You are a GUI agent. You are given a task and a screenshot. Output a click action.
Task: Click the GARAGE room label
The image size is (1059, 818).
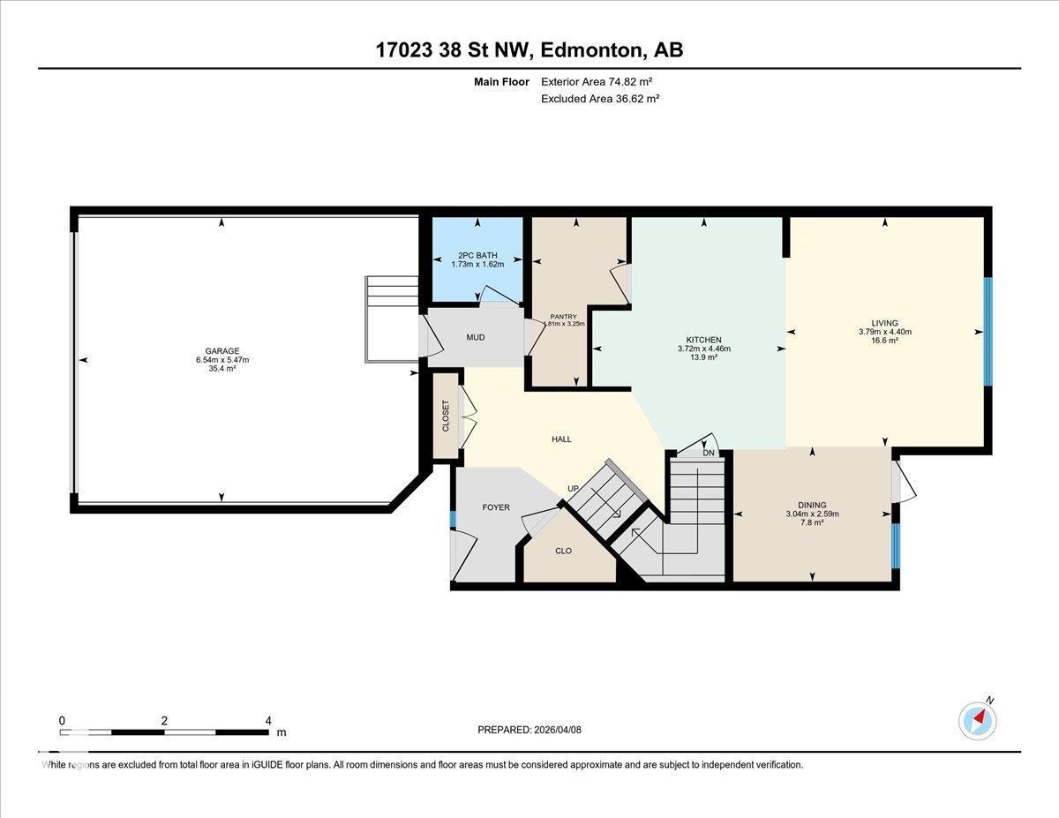click(222, 350)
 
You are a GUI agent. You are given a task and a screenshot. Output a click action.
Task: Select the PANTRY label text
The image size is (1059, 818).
click(563, 315)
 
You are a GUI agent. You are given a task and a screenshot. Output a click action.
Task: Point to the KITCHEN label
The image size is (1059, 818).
click(703, 340)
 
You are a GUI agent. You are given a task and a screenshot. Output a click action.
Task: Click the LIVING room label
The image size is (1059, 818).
click(884, 323)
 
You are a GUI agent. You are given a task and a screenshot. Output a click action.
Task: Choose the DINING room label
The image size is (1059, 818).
click(812, 505)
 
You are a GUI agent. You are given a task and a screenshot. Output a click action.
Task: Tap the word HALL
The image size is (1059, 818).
click(561, 439)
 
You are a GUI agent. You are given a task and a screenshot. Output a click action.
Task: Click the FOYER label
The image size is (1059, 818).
click(496, 507)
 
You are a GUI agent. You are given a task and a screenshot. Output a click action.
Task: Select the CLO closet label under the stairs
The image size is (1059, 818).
click(563, 551)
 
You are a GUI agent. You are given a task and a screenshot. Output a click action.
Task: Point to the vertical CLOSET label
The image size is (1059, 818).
click(446, 416)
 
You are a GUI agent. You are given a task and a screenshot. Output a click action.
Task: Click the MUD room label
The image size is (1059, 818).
click(475, 337)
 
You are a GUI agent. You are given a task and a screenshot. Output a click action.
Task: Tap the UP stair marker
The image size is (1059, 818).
click(573, 488)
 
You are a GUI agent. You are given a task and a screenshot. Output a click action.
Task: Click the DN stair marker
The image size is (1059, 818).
click(709, 453)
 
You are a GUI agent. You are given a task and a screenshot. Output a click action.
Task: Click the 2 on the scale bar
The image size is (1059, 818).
click(165, 720)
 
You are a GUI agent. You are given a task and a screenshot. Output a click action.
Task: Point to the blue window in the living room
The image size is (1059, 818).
click(988, 332)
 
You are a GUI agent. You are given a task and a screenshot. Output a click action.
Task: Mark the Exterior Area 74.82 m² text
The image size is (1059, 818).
click(597, 81)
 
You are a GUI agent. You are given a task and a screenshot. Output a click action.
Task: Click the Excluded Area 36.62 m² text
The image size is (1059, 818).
click(600, 99)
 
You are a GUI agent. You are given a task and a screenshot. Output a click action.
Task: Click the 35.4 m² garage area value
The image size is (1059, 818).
click(222, 368)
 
